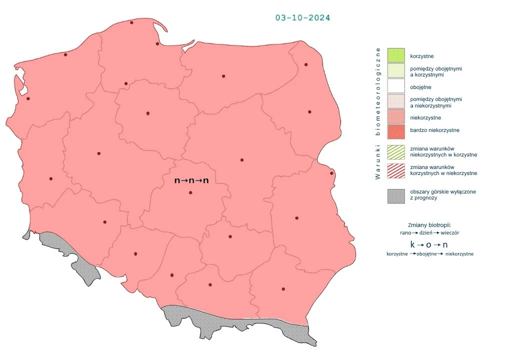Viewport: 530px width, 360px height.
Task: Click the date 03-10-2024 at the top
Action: pos(302,18)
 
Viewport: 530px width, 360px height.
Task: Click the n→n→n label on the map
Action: pos(191,180)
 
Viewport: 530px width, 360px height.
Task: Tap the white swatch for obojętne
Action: pos(395,87)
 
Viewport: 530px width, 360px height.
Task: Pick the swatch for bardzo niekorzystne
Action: pos(395,130)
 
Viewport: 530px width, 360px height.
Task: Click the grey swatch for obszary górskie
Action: pos(395,195)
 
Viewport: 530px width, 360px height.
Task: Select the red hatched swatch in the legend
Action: pos(395,170)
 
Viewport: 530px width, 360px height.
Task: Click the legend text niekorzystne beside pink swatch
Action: pos(425,117)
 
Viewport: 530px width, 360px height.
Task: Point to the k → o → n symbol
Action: pos(428,244)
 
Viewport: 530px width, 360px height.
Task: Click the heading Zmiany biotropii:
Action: pos(429,225)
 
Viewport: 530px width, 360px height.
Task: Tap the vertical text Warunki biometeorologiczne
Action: pos(378,113)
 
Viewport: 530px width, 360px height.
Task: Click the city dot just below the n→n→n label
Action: pos(190,192)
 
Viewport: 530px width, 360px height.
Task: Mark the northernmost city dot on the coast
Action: pos(131,22)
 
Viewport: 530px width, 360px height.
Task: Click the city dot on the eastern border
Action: pos(331,173)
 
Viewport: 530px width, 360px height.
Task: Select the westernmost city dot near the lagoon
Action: pos(28,98)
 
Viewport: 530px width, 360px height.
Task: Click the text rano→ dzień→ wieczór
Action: pos(429,233)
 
